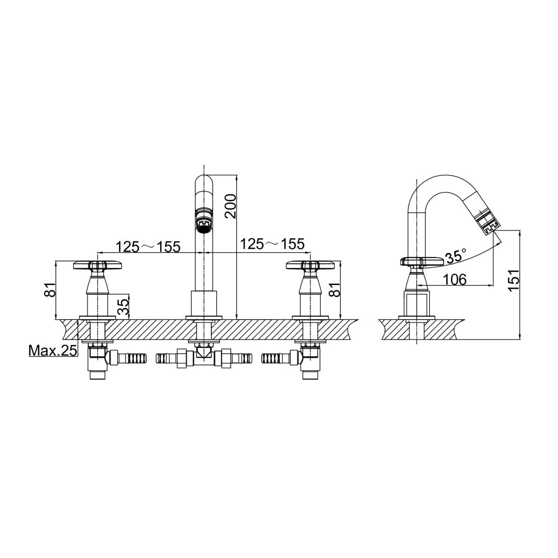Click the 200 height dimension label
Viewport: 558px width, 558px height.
[x=231, y=206]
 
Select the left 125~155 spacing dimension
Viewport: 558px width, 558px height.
[x=148, y=246]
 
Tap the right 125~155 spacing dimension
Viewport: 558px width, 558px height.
[x=272, y=244]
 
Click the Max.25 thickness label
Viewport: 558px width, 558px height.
[x=53, y=351]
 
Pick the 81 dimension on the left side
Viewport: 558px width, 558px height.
[x=50, y=290]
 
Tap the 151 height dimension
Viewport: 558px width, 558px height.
[x=512, y=280]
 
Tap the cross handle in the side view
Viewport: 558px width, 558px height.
[x=418, y=261]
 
